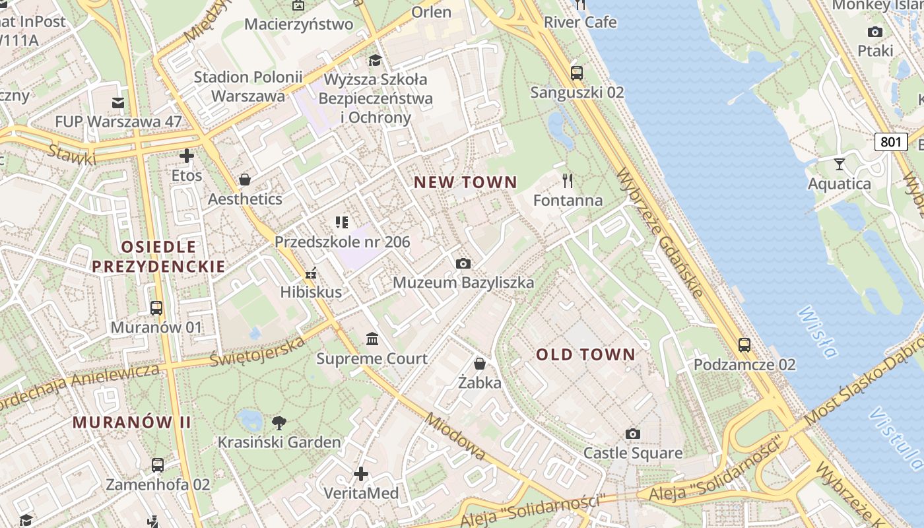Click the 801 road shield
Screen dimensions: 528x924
point(890,141)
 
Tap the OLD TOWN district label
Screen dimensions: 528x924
point(585,354)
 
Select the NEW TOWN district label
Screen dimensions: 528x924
point(465,182)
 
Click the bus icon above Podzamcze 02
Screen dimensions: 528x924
point(744,345)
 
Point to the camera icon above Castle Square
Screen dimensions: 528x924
point(632,434)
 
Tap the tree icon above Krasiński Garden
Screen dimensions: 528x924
point(279,422)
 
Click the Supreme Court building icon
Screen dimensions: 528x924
point(372,339)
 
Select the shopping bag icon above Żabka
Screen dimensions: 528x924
point(480,364)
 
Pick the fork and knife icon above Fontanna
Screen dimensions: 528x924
point(568,180)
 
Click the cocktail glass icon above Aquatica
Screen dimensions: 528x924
point(839,164)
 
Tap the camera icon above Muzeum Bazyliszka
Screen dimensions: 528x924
point(463,263)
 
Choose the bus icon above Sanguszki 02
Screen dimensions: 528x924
point(576,73)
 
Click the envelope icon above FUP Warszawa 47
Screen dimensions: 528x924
point(118,102)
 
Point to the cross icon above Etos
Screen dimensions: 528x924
point(187,156)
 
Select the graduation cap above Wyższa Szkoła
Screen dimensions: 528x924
point(375,60)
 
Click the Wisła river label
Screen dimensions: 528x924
point(817,331)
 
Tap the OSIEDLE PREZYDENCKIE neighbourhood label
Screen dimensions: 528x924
point(158,257)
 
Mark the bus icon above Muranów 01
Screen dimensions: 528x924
point(156,308)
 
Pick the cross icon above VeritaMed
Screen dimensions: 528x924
point(361,473)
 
